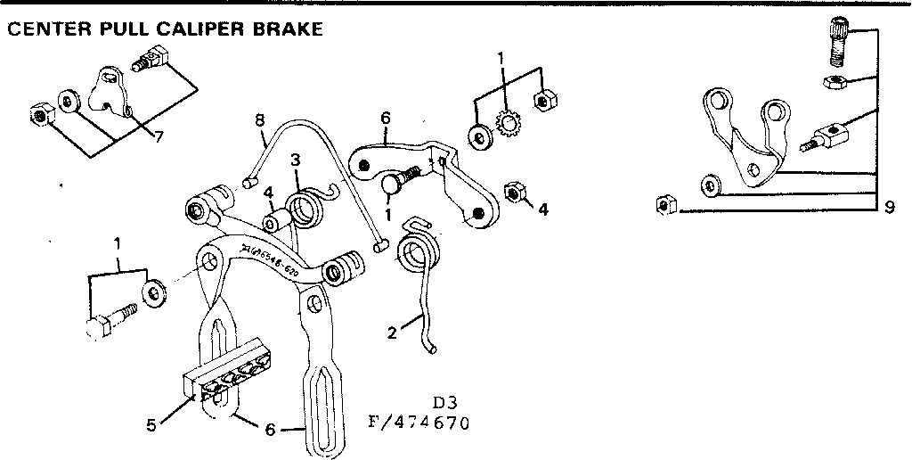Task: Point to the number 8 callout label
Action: pos(260,119)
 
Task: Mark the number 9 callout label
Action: pos(889,209)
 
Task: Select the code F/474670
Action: pos(418,420)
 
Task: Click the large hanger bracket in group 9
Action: pos(745,138)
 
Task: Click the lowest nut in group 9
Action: pos(662,205)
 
